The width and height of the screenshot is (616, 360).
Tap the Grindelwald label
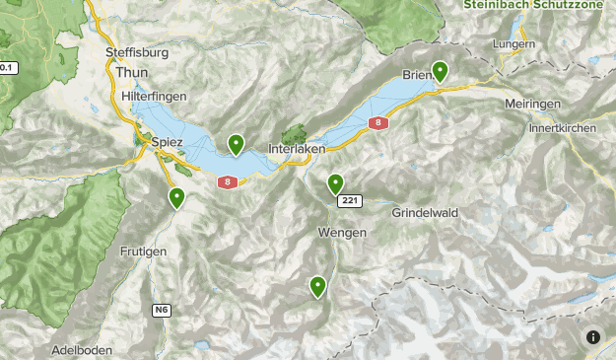(x=425, y=213)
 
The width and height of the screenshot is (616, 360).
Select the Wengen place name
(x=343, y=233)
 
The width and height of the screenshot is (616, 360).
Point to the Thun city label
(x=131, y=73)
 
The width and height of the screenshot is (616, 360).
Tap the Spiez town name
(x=168, y=142)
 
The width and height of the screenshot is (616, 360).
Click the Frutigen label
(x=146, y=252)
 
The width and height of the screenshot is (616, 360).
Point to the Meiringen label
(x=531, y=104)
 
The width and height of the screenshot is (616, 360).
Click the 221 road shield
(x=350, y=201)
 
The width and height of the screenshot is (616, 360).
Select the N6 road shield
(x=162, y=310)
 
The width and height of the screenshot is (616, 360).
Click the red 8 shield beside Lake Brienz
(x=378, y=123)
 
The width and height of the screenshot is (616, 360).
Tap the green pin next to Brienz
(x=440, y=71)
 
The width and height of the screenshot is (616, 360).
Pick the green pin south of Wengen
(x=318, y=286)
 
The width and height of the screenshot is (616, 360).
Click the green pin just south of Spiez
(x=177, y=197)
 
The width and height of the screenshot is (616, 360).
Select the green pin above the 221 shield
(x=335, y=182)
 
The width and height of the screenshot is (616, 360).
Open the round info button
(x=593, y=336)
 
